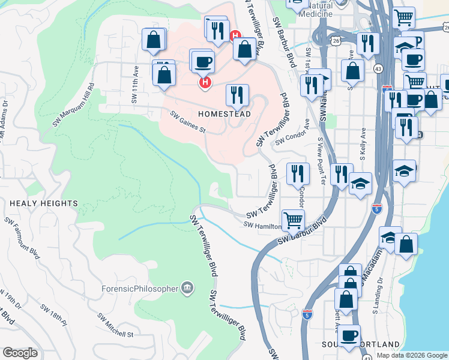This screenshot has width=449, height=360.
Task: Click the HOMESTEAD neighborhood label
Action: [223, 113]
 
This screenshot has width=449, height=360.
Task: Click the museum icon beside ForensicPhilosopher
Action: [188, 289]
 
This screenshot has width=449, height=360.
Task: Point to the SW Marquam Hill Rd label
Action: [73, 104]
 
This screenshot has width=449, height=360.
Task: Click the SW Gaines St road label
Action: [188, 122]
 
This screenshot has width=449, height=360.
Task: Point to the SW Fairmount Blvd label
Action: [22, 238]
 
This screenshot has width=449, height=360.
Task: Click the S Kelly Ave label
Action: [364, 150]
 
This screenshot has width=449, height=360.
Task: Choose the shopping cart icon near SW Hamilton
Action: [293, 220]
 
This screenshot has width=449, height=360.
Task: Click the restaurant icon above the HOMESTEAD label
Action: [237, 95]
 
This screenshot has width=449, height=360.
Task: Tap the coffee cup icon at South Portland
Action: [349, 335]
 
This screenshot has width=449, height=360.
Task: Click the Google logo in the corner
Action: [20, 353]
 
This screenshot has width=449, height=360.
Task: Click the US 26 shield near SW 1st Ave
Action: [335, 40]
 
